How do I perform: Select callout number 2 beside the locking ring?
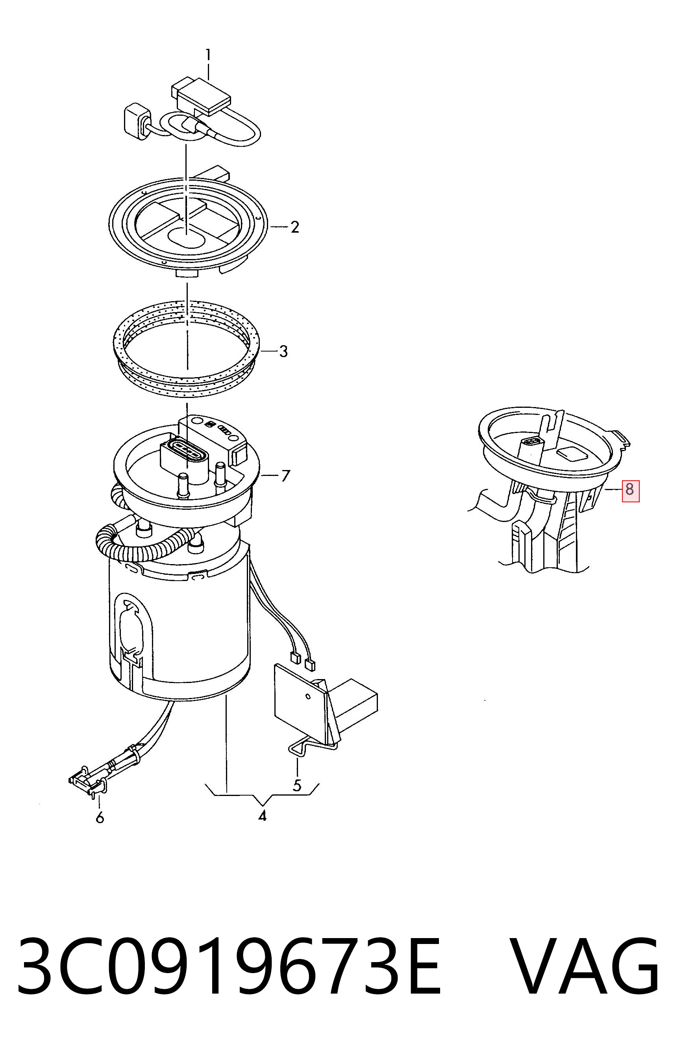295,227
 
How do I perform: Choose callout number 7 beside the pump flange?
285,476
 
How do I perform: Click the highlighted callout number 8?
630,490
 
